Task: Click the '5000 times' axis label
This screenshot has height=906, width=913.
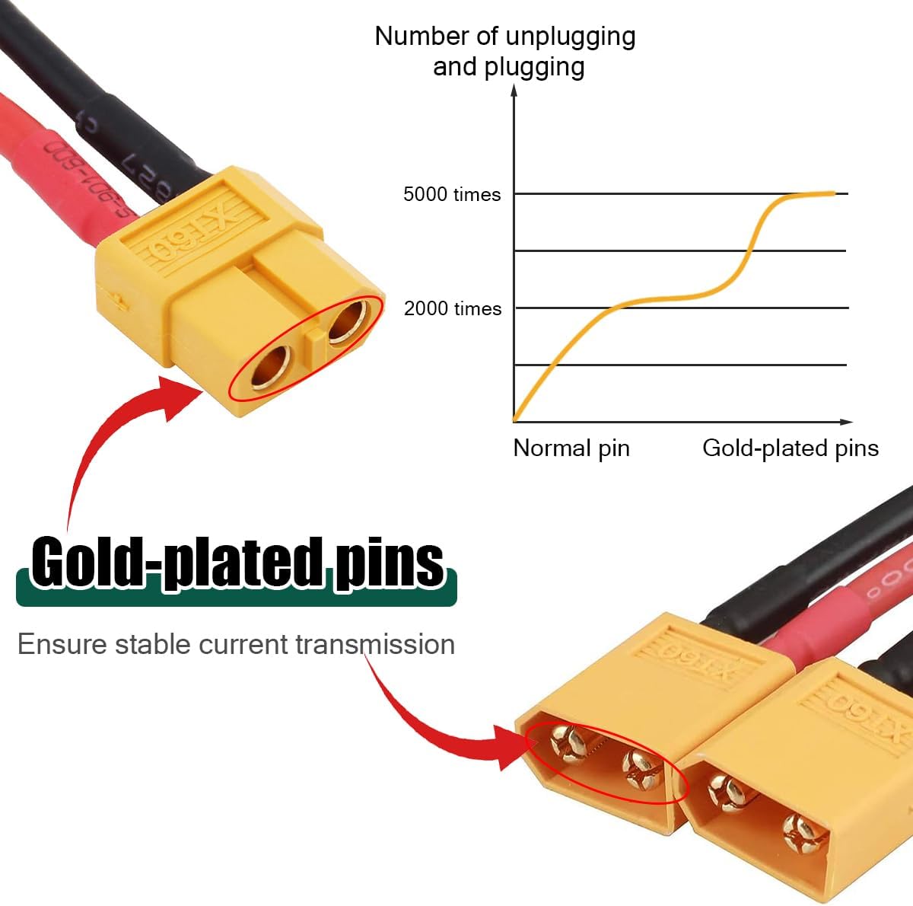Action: pyautogui.click(x=452, y=194)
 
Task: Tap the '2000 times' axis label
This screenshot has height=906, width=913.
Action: pyautogui.click(x=453, y=308)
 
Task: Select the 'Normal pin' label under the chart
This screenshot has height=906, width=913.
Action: pyautogui.click(x=571, y=448)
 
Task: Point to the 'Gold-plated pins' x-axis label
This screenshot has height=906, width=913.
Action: pyautogui.click(x=790, y=448)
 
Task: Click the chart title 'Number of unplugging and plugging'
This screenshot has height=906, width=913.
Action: pyautogui.click(x=505, y=51)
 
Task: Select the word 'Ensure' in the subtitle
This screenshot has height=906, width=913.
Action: pyautogui.click(x=61, y=644)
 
